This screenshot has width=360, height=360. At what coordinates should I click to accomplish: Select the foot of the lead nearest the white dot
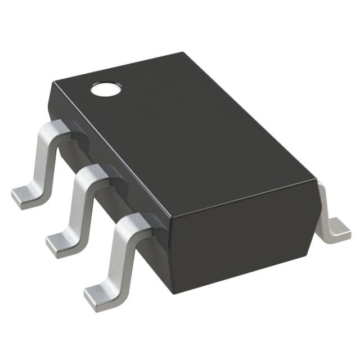[27, 197]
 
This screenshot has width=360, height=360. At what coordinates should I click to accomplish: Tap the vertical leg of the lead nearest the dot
[42, 160]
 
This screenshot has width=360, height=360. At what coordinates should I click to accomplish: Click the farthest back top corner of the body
[183, 53]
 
